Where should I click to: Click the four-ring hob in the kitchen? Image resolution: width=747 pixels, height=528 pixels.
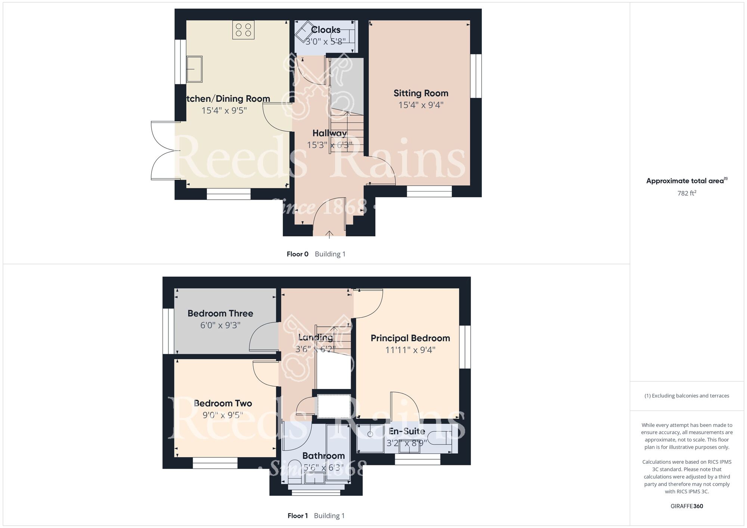[x=244, y=29]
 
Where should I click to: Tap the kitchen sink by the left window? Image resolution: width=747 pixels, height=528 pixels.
[x=194, y=69]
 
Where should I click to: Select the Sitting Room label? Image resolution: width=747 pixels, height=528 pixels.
[x=421, y=93]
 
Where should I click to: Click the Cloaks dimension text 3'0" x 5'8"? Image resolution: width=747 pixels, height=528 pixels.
[x=325, y=41]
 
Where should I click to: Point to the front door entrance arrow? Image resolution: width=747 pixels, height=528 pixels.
[x=329, y=234]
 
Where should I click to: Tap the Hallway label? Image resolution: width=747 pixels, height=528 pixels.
[x=329, y=133]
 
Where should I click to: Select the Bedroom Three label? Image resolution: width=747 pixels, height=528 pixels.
[x=220, y=313]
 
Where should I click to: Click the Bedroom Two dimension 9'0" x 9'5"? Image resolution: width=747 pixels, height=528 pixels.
[x=223, y=415]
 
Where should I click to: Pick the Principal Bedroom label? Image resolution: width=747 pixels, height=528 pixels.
[x=410, y=338]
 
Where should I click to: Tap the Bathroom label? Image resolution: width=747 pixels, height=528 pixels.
[x=323, y=456]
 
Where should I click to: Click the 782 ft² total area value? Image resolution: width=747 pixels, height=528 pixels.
[x=686, y=193]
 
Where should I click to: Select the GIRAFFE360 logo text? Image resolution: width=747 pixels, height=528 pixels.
[x=686, y=506]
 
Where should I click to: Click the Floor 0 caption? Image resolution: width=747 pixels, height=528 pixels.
[x=297, y=254]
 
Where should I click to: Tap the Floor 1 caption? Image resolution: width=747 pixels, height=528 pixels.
[x=297, y=516]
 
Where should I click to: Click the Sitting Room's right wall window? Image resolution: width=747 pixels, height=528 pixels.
[x=475, y=76]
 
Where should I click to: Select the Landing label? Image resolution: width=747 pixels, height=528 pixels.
[x=316, y=338]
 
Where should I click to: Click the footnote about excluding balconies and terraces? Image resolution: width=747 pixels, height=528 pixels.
[x=686, y=396]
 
